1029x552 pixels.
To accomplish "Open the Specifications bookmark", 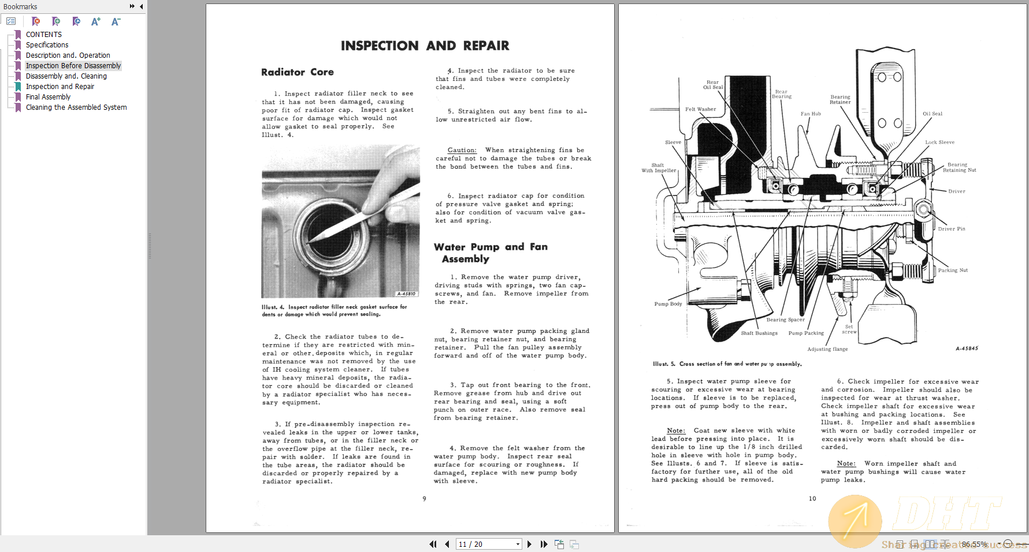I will [x=47, y=45].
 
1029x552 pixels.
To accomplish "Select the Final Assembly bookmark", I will [x=48, y=97].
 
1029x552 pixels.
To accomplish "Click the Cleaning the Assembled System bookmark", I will [x=76, y=108].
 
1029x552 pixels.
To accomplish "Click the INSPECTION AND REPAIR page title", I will [x=425, y=46].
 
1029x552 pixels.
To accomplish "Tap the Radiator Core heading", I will [x=297, y=72].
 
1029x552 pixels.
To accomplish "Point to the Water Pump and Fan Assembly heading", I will [x=490, y=253].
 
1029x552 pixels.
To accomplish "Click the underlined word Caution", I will [x=462, y=150].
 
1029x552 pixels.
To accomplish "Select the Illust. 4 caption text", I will [x=334, y=310].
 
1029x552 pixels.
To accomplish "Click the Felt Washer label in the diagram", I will [x=700, y=109].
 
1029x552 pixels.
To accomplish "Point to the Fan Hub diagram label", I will [x=810, y=114].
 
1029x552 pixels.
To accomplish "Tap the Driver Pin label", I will [x=951, y=229].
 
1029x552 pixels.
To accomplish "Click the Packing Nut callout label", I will [x=952, y=271].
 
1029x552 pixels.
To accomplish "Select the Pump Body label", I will [x=668, y=304].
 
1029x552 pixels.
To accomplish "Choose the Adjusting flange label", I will [x=827, y=349].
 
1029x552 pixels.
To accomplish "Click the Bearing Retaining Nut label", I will [x=959, y=168].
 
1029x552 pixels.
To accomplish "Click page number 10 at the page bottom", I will [x=812, y=498].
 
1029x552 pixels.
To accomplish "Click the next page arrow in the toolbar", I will [x=529, y=544].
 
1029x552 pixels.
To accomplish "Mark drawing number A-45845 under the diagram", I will [x=966, y=349].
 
